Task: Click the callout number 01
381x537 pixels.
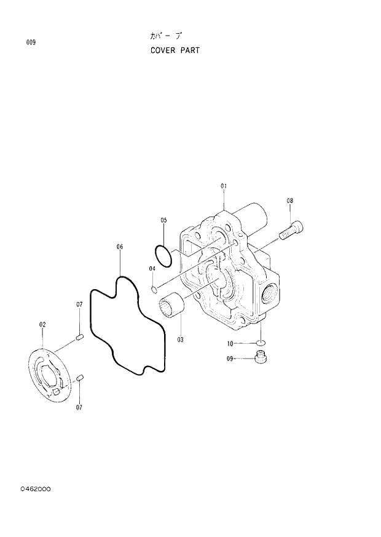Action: point(224,185)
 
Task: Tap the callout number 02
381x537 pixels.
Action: point(42,324)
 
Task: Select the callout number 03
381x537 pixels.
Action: point(181,339)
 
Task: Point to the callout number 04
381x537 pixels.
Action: point(151,268)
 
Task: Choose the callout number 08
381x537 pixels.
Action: point(289,201)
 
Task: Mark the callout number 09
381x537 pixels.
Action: point(230,358)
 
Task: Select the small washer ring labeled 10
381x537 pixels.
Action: point(261,343)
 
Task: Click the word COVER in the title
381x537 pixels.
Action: point(163,50)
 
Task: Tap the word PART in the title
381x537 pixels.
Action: point(190,50)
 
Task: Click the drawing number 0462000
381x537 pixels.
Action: point(35,489)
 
